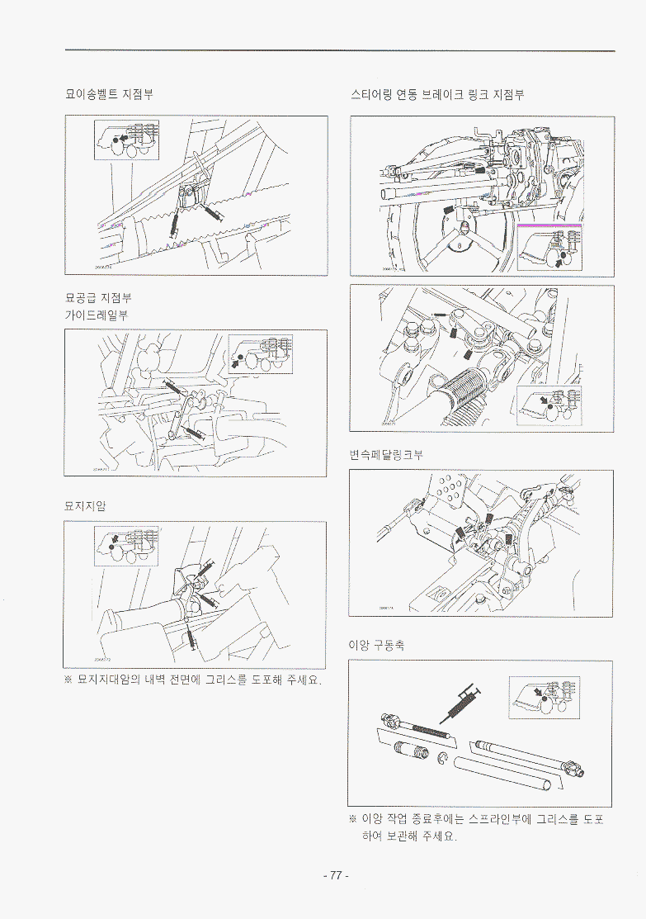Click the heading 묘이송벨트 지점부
click(x=110, y=94)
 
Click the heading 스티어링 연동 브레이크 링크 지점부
click(x=437, y=94)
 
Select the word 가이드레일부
click(x=97, y=315)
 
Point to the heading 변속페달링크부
click(x=386, y=455)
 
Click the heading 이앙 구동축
click(x=377, y=645)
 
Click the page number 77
click(x=336, y=875)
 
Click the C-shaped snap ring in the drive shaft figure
click(x=444, y=758)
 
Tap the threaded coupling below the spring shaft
click(x=410, y=753)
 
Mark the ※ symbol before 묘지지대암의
click(x=69, y=681)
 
